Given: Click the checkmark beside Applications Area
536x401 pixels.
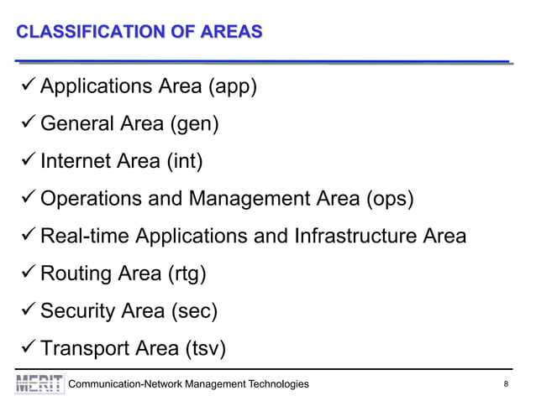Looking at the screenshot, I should (26, 86).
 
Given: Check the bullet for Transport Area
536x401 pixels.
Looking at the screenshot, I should (26, 347).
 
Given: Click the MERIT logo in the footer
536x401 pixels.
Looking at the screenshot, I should (39, 383).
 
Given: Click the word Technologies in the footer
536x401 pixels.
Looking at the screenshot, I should (275, 384).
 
